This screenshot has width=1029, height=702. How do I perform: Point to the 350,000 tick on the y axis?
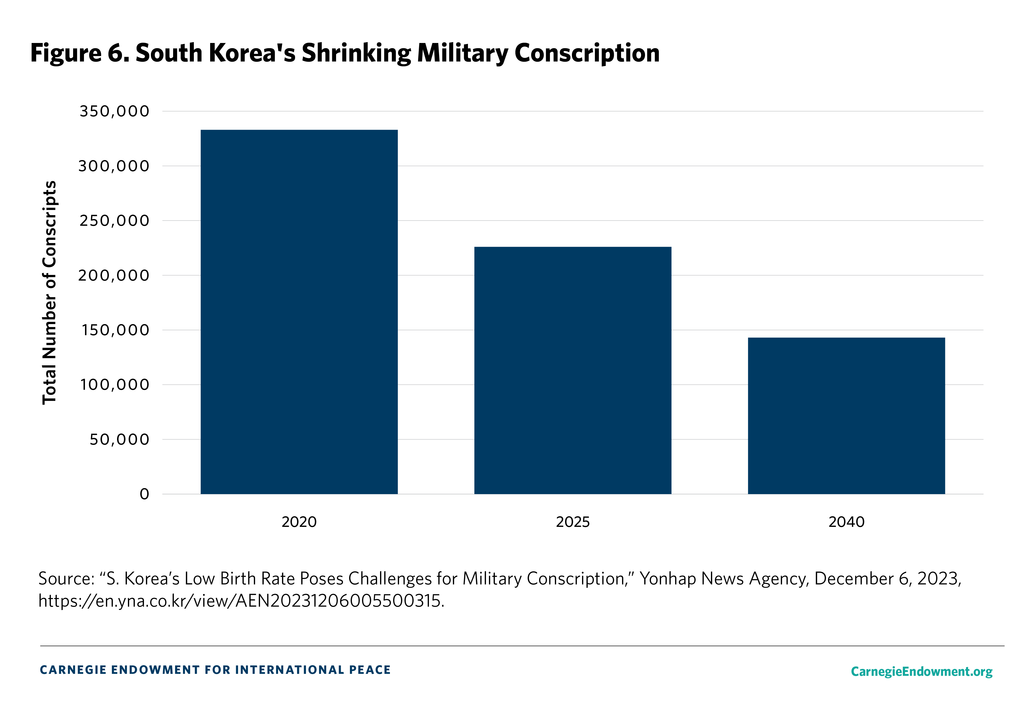(114, 111)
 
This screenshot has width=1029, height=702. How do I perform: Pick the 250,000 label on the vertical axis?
(114, 221)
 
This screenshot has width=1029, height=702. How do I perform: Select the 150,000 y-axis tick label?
(115, 330)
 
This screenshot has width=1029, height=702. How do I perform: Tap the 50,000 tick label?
(120, 439)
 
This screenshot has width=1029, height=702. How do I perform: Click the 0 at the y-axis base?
(144, 494)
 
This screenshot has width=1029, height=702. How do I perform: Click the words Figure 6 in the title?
(80, 53)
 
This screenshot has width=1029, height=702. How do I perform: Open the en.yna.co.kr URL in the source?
(241, 600)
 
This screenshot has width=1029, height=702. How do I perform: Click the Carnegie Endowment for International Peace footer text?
(215, 670)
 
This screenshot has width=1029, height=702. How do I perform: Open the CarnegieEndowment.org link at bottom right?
(921, 671)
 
